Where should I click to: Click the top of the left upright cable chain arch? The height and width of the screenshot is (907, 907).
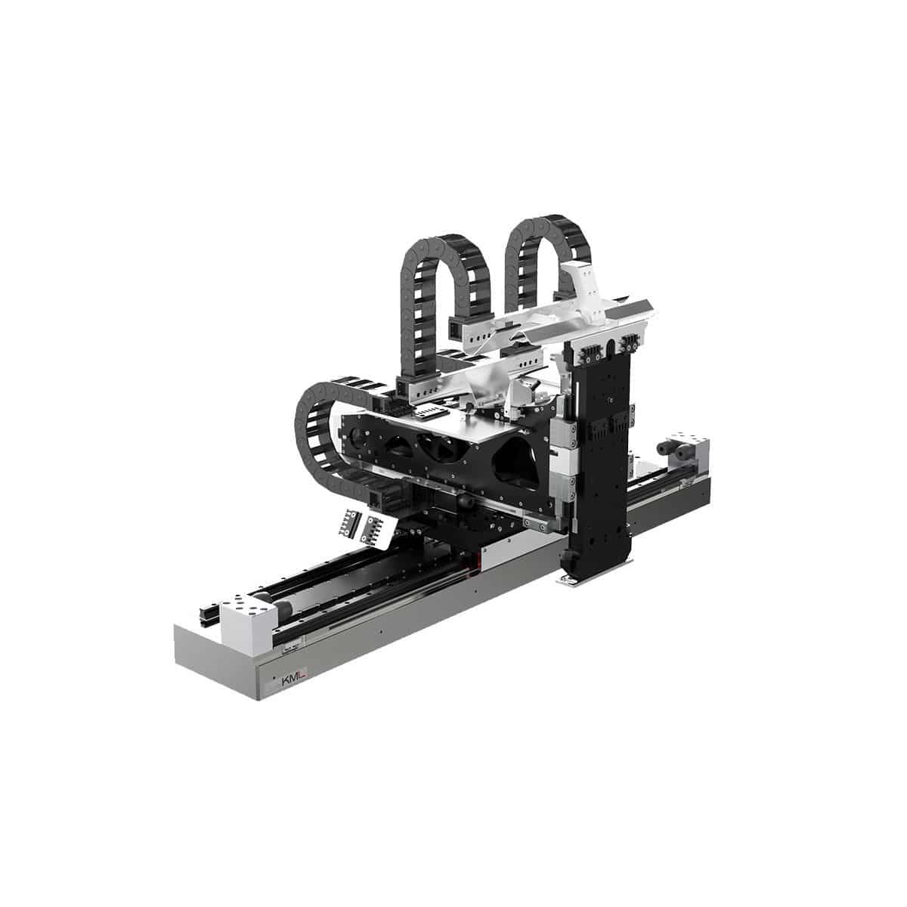pos(443,240)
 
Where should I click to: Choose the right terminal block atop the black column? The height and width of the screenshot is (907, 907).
pos(630,345)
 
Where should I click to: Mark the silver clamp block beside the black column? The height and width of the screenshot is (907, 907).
pos(562,453)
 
